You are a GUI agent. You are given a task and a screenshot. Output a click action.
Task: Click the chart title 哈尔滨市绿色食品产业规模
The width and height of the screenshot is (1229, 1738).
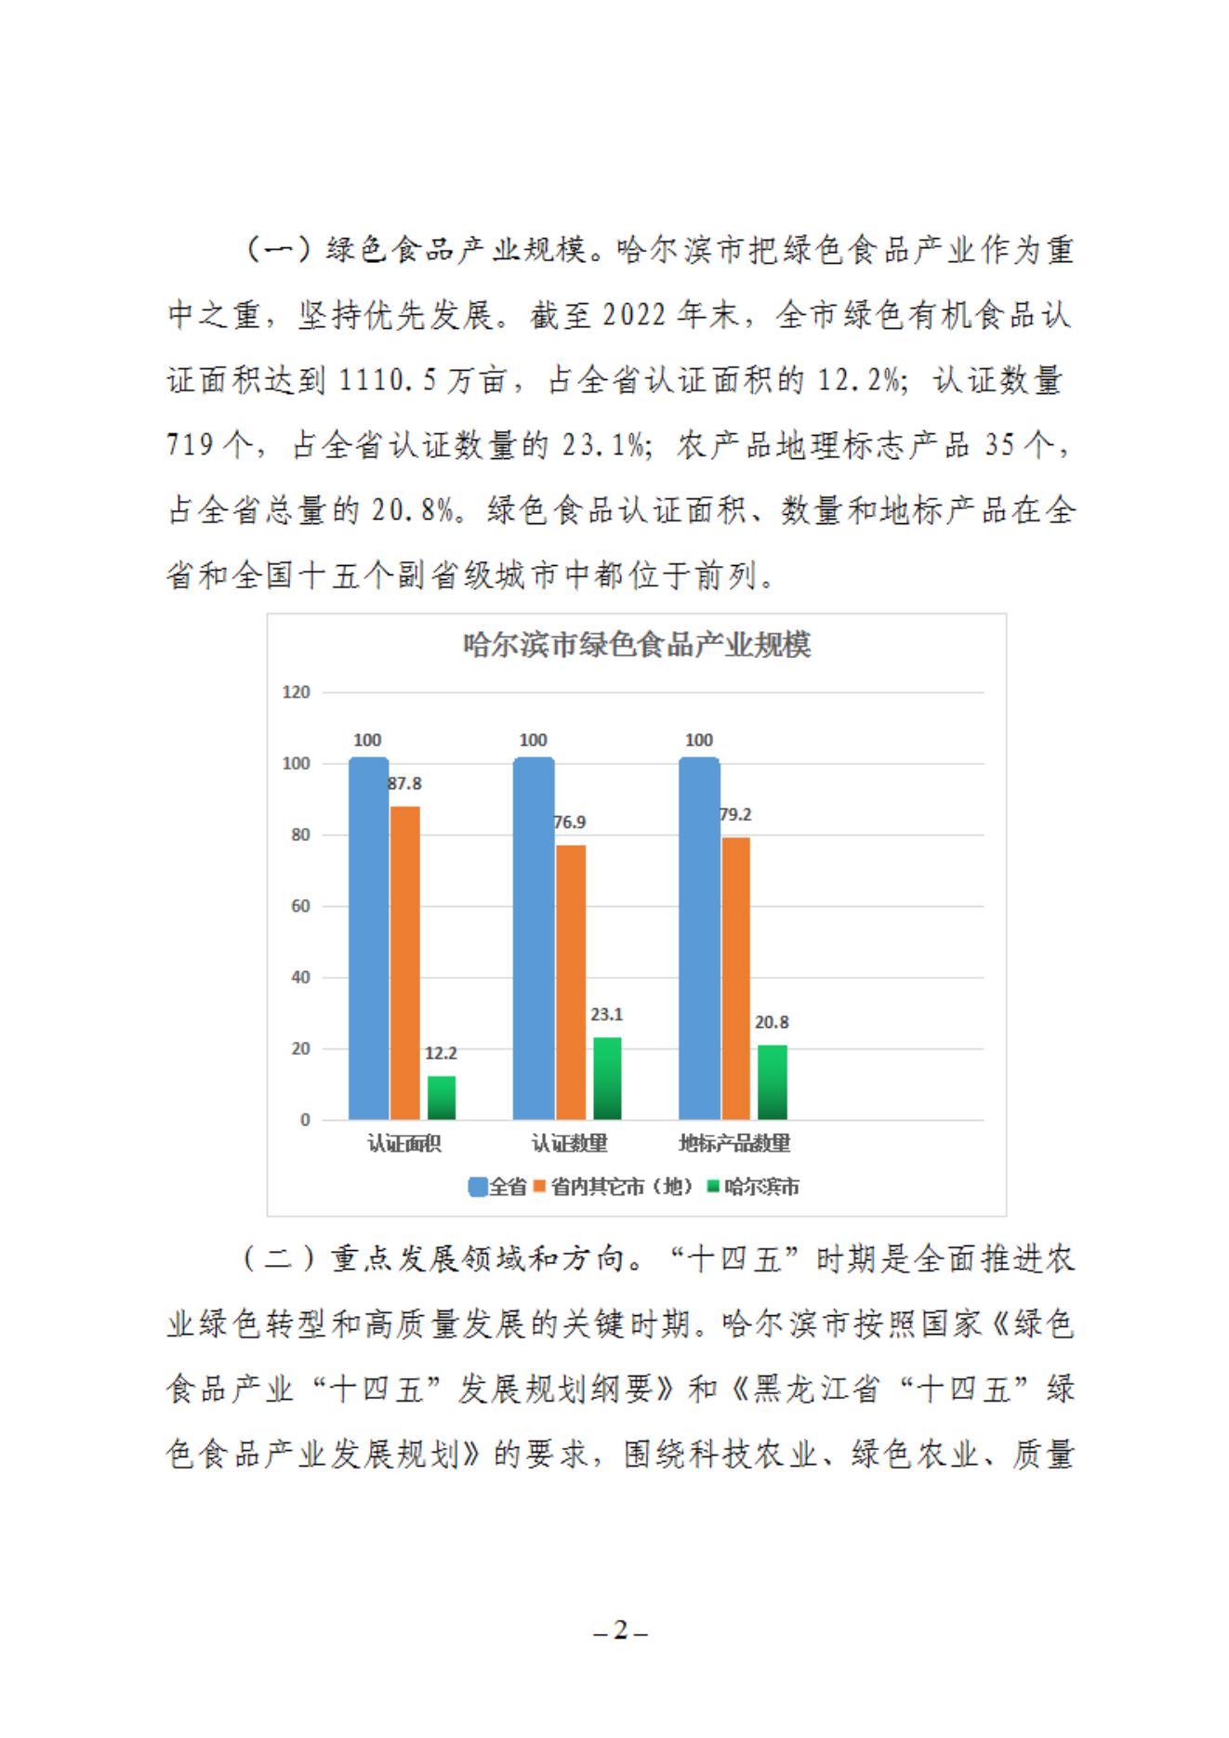637,645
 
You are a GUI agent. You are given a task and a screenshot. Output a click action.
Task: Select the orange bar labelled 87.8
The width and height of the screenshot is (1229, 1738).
405,962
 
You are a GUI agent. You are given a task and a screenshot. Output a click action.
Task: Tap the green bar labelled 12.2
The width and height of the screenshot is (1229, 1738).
442,1098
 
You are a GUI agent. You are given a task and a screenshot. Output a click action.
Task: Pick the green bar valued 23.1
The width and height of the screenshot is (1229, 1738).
607,1078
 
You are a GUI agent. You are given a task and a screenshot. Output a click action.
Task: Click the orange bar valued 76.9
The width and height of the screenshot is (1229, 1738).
571,981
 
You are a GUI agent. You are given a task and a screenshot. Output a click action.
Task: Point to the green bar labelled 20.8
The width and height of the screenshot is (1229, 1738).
773,1082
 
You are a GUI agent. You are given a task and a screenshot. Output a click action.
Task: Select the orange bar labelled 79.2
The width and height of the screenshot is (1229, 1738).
736,978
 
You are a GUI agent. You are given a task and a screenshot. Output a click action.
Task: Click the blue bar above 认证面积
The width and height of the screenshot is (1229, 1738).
369,939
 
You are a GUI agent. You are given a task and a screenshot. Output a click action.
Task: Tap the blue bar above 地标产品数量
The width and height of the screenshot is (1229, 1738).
699,939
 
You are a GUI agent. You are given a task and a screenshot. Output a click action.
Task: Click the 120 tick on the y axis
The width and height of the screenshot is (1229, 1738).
296,692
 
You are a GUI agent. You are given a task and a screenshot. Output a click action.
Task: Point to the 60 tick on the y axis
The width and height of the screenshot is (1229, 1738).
300,906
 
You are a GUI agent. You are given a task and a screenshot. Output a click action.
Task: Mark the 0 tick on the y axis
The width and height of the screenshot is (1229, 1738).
305,1120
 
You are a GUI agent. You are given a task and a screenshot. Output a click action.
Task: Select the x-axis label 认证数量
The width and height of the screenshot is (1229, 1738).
569,1143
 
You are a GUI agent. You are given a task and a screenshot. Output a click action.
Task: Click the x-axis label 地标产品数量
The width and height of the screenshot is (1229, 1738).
734,1143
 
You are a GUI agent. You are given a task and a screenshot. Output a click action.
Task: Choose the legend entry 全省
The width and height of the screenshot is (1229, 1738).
498,1187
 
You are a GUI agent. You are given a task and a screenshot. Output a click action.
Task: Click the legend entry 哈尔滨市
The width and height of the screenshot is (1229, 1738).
754,1187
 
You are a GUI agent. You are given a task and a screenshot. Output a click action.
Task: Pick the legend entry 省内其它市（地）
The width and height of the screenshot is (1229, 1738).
614,1187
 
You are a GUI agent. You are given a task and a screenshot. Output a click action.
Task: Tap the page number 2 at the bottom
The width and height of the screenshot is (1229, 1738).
621,1630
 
